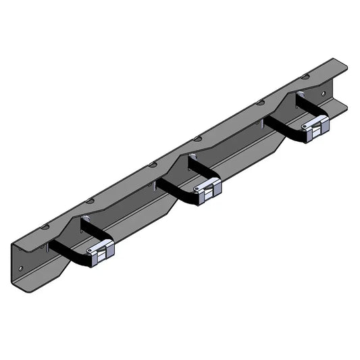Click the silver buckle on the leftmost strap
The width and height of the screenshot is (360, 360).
pyautogui.click(x=101, y=251)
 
